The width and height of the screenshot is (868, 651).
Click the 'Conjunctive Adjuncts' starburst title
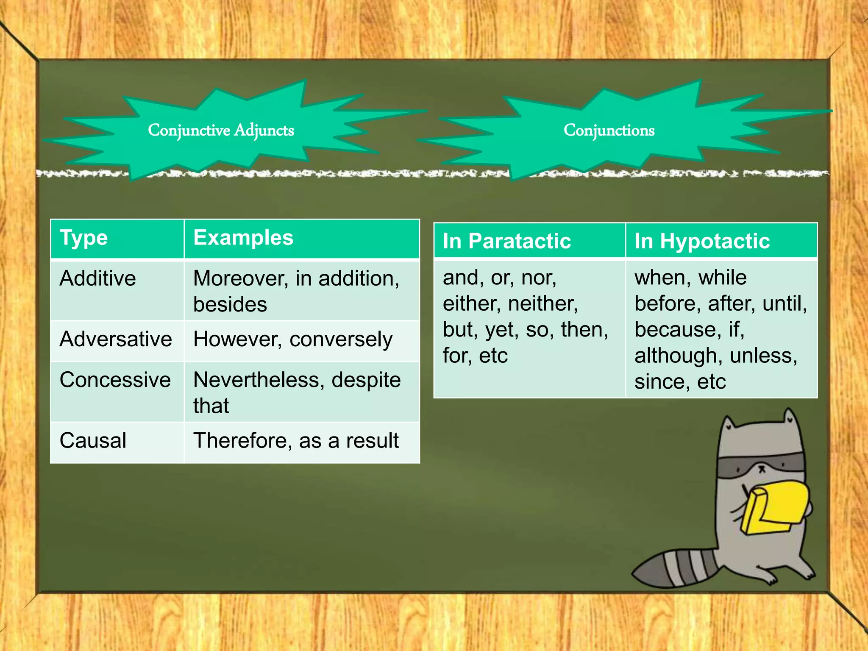point(221,130)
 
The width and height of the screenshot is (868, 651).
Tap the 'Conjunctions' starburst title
point(609,130)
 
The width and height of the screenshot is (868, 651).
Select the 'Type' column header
point(84,238)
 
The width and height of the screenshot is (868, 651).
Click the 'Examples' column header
point(243,238)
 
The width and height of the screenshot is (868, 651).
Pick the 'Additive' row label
point(98,278)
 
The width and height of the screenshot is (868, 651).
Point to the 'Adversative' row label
point(116,339)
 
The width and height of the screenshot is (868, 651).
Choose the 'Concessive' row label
point(115,380)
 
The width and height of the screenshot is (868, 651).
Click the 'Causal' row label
point(93,440)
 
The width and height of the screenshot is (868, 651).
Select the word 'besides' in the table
point(230,304)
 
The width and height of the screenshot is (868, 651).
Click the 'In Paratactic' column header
point(507,241)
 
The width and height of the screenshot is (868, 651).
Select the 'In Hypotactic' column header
point(702,241)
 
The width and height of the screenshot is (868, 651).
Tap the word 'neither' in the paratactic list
point(543,303)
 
